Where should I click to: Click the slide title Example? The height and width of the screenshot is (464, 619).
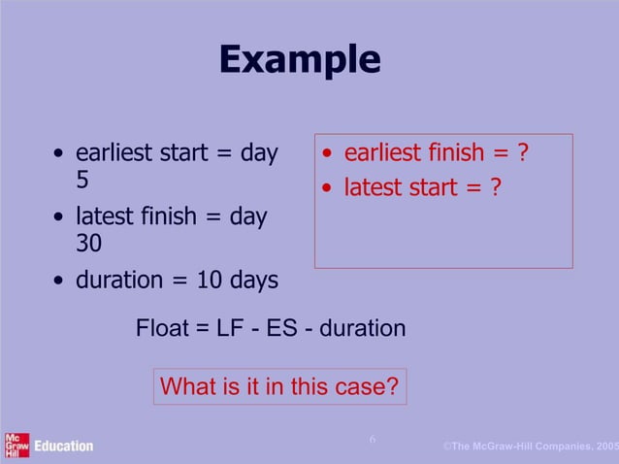click(x=299, y=59)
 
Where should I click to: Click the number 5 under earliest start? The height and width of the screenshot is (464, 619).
click(x=83, y=182)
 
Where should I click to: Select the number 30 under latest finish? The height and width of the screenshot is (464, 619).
click(x=89, y=244)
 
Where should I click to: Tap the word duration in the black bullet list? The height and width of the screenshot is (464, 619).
click(x=118, y=281)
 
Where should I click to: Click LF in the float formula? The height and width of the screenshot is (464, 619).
click(x=233, y=329)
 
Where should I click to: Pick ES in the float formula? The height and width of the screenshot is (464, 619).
click(x=281, y=329)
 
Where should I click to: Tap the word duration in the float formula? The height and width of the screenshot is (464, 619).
click(x=363, y=329)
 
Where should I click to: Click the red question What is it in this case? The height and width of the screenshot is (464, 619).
click(x=279, y=386)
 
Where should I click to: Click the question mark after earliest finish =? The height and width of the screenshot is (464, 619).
click(x=523, y=153)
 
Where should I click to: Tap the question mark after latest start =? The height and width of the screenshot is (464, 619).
click(x=495, y=185)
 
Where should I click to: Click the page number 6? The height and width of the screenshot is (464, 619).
click(x=372, y=441)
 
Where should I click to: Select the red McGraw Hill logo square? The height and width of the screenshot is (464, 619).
click(x=16, y=445)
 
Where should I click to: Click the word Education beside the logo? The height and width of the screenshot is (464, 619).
click(x=64, y=446)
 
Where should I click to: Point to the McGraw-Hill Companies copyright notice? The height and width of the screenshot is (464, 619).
click(x=530, y=446)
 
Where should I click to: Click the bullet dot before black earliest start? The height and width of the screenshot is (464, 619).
click(x=60, y=154)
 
